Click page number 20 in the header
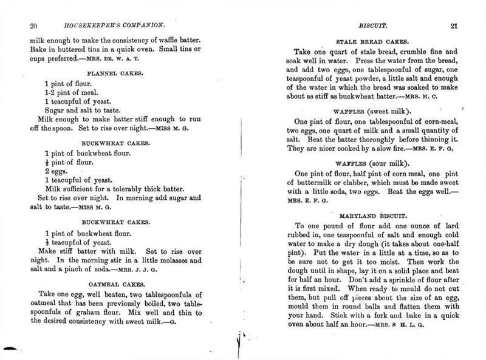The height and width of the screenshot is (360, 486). click(x=34, y=25)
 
